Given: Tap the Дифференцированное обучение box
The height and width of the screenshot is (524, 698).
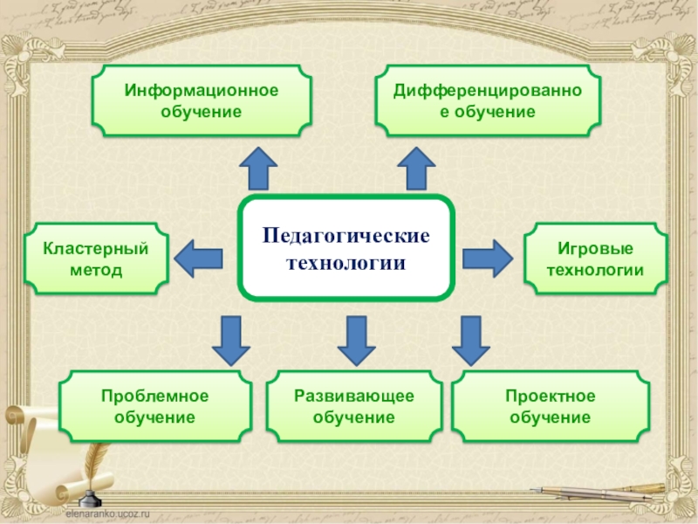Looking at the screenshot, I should click(488, 101).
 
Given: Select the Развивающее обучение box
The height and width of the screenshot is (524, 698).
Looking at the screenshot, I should click(354, 407).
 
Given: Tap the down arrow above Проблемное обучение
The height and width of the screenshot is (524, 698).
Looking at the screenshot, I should click(230, 340).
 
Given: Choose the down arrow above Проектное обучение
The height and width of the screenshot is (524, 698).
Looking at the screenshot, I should click(470, 340).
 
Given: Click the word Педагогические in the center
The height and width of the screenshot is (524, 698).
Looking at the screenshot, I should click(346, 237).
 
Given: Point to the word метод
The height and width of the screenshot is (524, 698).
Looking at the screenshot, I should click(96, 271).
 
